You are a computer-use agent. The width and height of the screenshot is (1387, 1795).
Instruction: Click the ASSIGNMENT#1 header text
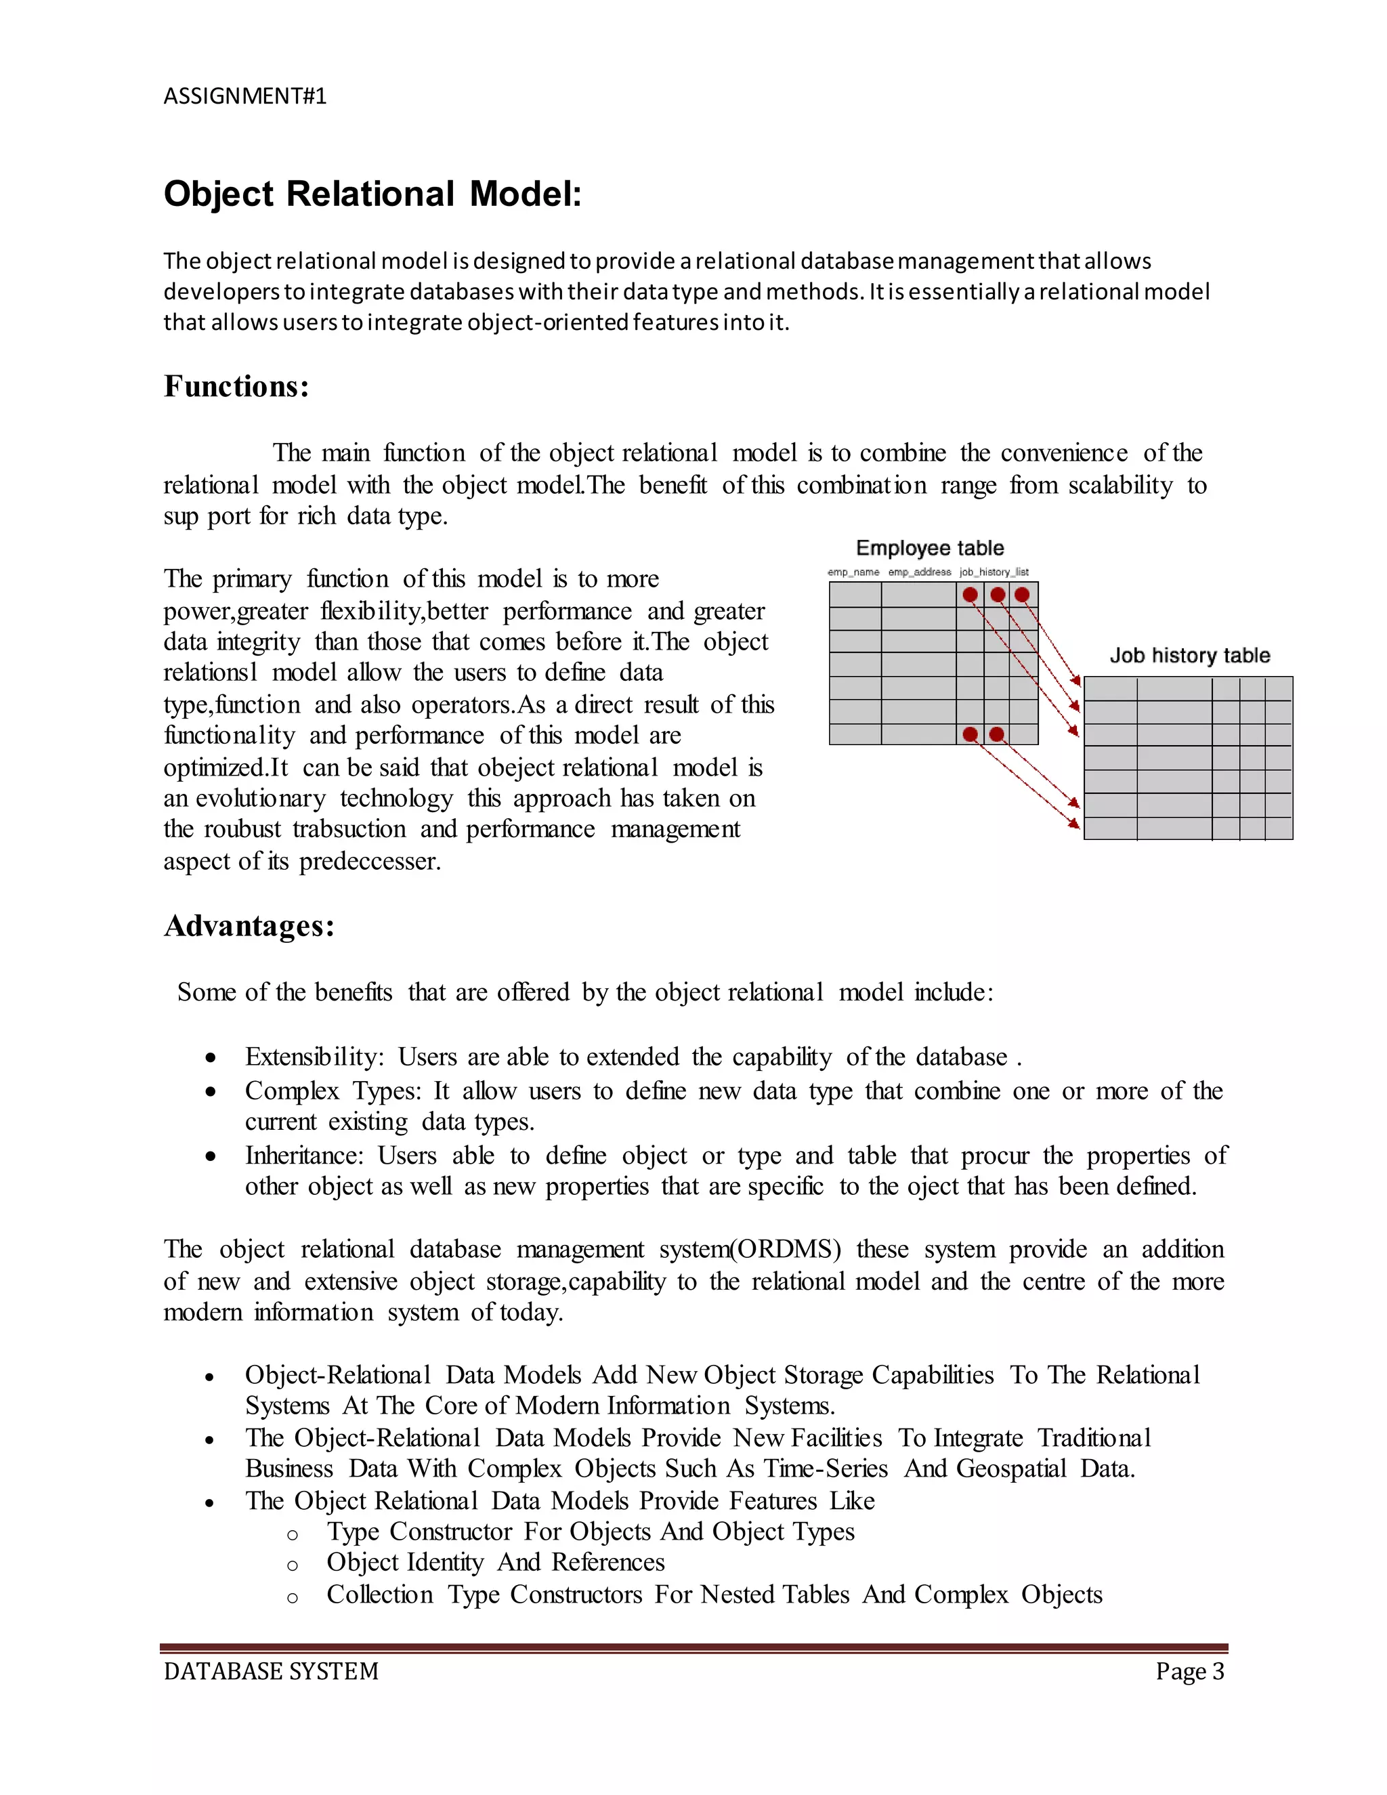tap(245, 96)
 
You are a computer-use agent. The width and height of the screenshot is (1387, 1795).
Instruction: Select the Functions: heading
tap(236, 386)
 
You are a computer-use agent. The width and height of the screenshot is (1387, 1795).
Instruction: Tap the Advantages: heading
tap(249, 926)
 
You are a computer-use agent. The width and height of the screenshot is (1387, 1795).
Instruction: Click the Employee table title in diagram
tap(929, 548)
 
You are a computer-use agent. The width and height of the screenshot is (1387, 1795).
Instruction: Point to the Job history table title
tap(1189, 655)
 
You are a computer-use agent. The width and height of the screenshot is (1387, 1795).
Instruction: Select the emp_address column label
tap(920, 572)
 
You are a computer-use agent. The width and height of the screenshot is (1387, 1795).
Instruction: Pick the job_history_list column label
tap(994, 572)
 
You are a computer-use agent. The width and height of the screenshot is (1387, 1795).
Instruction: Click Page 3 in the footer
tap(1189, 1671)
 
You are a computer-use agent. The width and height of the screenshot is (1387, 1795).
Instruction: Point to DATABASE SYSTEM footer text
tap(271, 1671)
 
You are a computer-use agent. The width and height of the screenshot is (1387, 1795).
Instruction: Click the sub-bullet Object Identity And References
tap(496, 1563)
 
